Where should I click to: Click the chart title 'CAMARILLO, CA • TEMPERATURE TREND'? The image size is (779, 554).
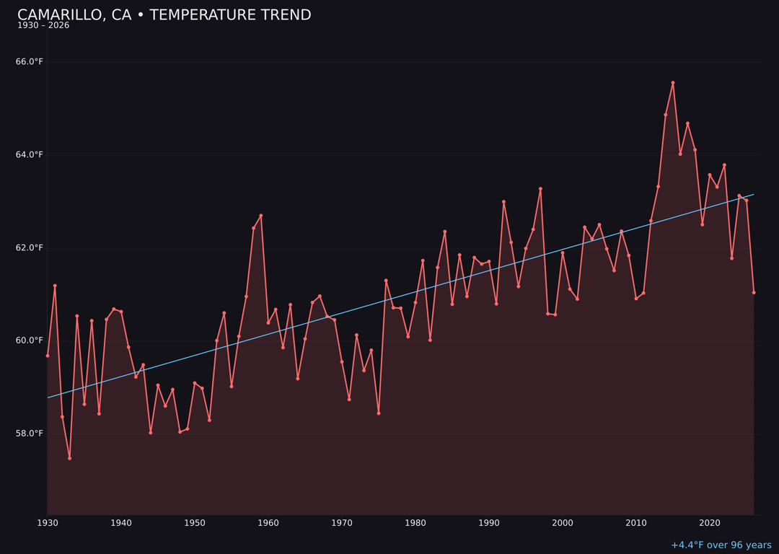coord(164,15)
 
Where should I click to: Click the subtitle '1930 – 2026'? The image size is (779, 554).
coord(43,26)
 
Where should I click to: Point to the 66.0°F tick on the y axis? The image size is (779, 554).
coord(30,62)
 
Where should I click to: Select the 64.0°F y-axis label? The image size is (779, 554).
coord(30,155)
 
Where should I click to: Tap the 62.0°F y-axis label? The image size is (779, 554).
coord(30,248)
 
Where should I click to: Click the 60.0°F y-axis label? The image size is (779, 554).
coord(30,340)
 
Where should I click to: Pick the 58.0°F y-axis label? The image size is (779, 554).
coord(30,434)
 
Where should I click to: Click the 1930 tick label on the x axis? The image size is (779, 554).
coord(48,523)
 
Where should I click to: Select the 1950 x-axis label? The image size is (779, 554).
coord(195,523)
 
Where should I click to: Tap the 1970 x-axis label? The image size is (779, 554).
coord(342,523)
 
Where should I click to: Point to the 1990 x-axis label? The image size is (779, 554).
coord(489,523)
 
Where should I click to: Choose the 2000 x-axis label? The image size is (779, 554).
coord(563,523)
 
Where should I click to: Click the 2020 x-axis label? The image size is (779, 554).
coord(710,523)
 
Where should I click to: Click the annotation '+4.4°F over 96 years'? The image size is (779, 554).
coord(721,545)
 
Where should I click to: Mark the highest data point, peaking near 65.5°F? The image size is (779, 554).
coord(673,83)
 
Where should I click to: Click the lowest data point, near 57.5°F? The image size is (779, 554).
coord(70,458)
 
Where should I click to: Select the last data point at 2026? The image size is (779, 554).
coord(754,292)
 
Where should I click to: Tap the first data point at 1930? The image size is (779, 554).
coord(48,356)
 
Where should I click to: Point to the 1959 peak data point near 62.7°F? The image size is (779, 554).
coord(261,216)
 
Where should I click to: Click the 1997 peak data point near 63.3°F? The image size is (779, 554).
coord(540,189)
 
